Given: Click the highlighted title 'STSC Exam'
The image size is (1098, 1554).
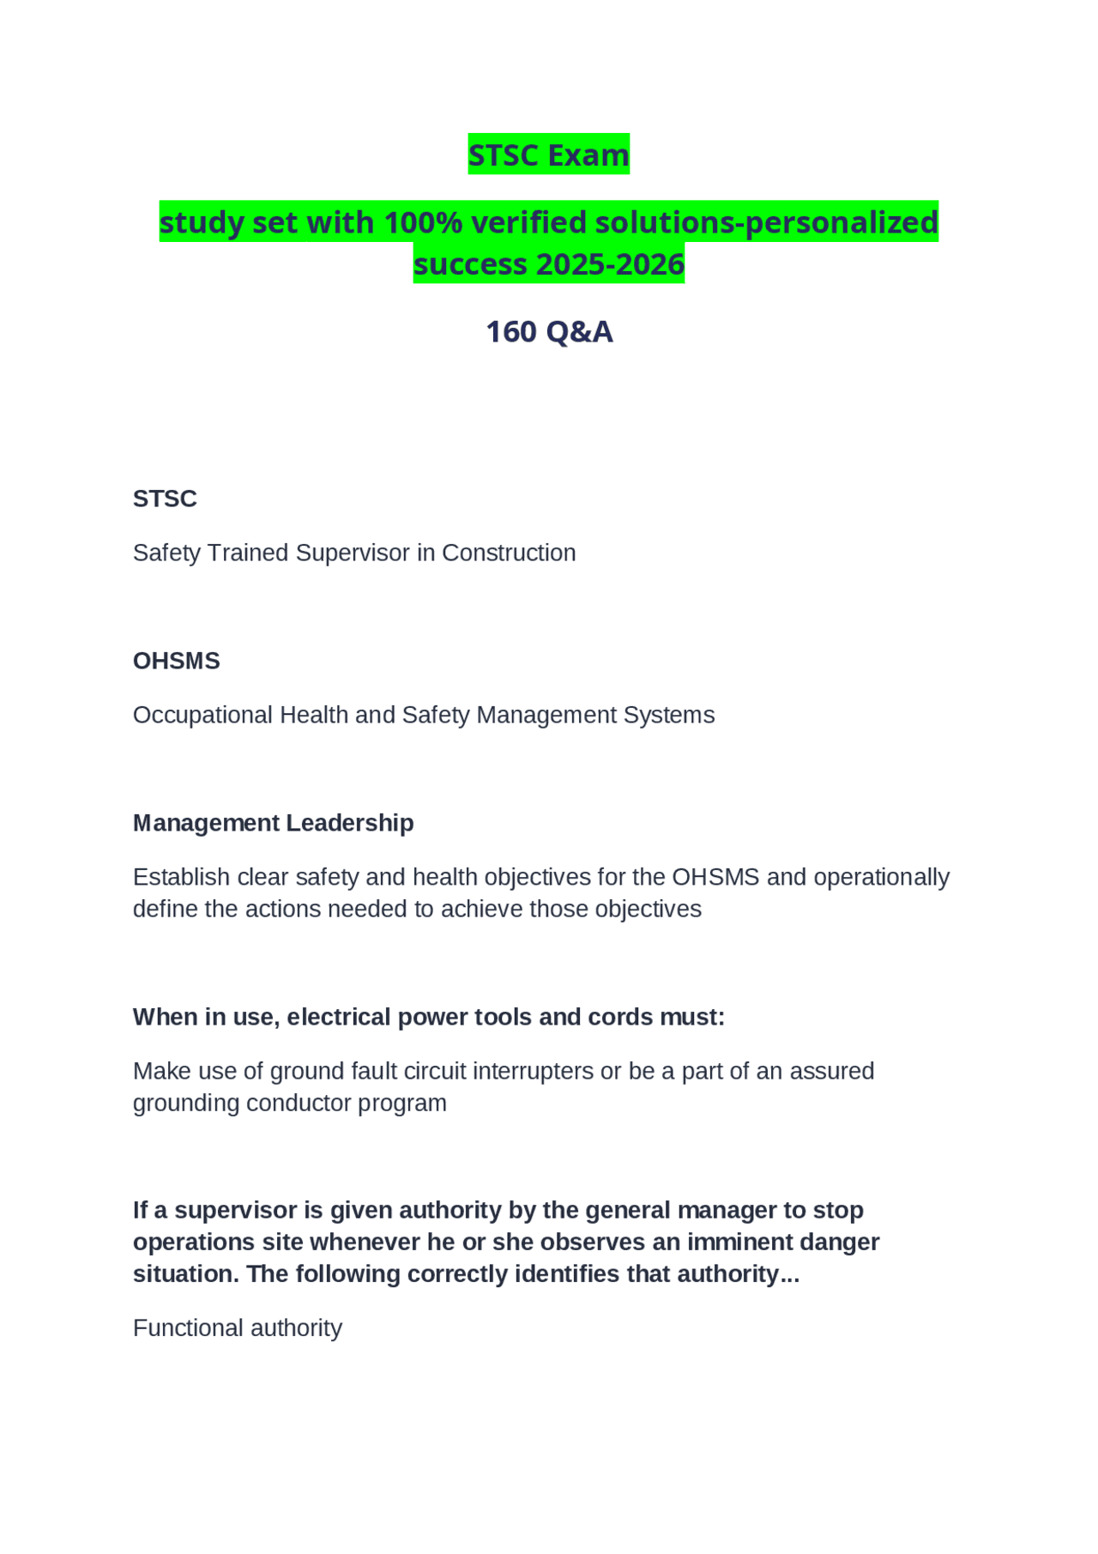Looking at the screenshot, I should point(548,154).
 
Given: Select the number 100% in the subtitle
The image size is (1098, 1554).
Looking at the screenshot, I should point(424,222).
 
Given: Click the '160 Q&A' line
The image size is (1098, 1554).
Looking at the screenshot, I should point(549,331).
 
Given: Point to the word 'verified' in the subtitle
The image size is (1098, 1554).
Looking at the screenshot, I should point(528,222).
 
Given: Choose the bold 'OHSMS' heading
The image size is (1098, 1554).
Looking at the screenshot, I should point(176,661).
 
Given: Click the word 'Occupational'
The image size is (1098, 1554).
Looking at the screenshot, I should point(202,715).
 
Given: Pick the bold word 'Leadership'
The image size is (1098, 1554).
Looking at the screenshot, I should point(349,823).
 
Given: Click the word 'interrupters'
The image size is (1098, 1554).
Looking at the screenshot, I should point(533,1071).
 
